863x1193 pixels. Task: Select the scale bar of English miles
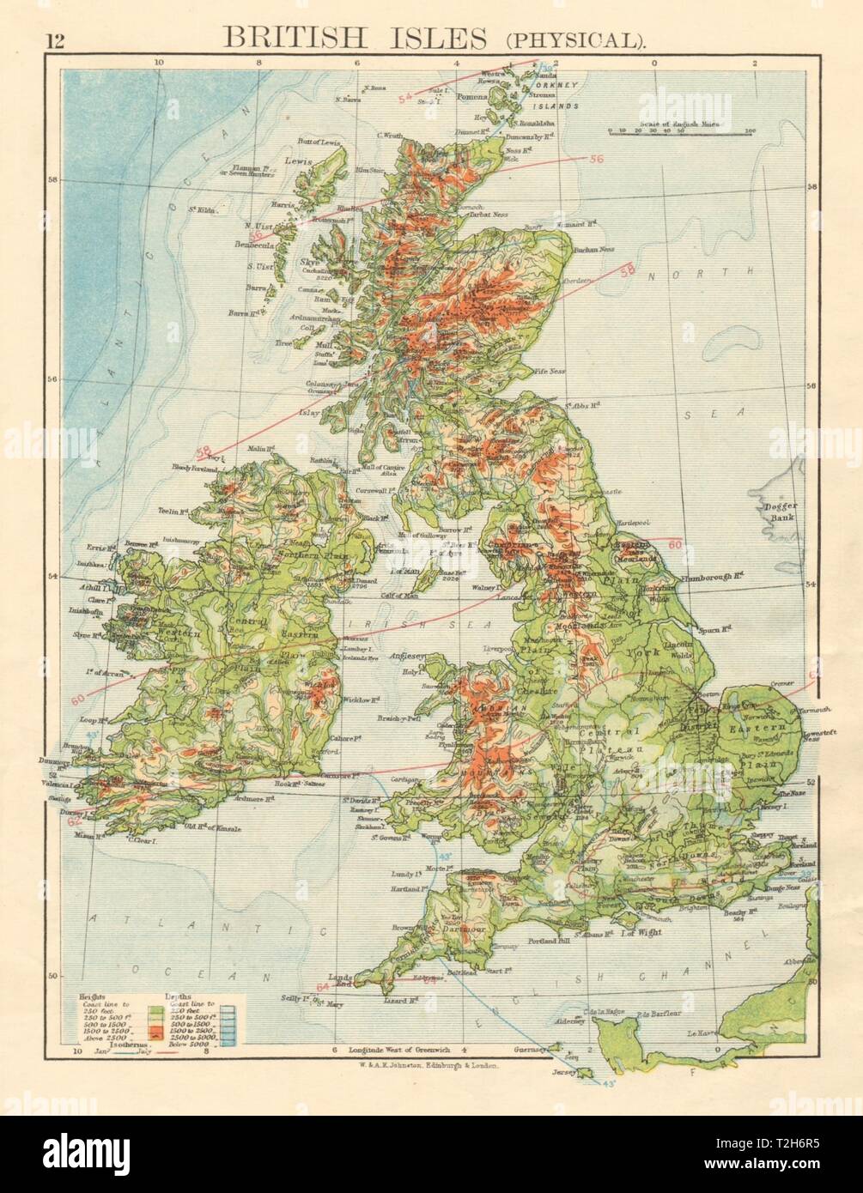(681, 132)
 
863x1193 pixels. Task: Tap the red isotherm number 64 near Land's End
(321, 987)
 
